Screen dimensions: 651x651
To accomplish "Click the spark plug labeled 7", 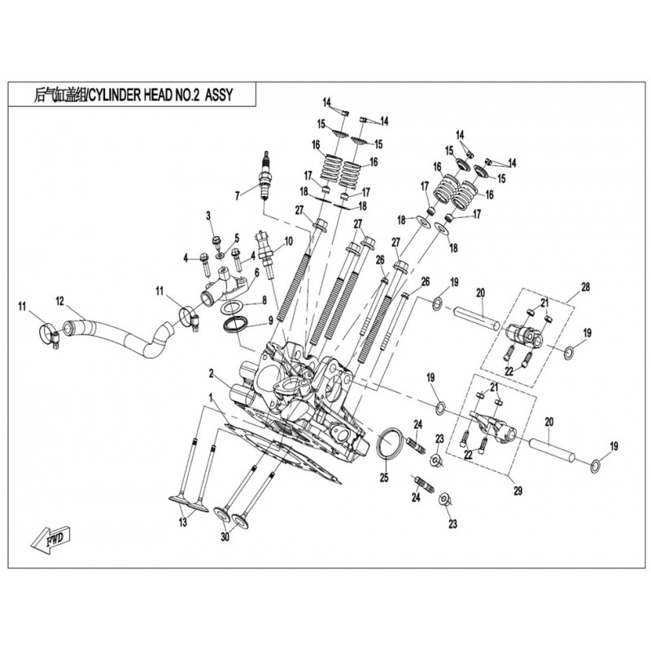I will point(264,178).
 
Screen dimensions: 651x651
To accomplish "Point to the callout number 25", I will point(383,478).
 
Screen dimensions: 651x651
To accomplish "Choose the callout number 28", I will point(584,288).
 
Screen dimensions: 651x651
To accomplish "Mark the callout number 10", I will point(288,241).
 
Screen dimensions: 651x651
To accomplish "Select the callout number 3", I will point(208,216).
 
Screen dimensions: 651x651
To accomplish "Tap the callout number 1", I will point(211,398).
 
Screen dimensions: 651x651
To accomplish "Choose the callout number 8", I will point(264,301).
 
